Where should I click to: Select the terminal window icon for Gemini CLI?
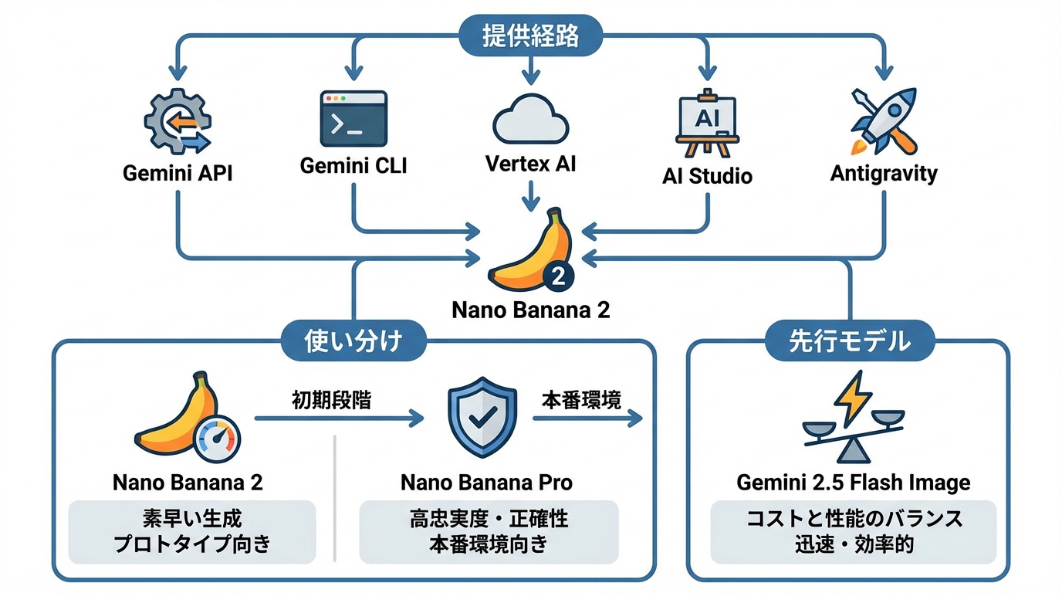click(353, 119)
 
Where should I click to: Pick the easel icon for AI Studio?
click(706, 124)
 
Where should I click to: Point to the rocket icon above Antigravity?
click(883, 121)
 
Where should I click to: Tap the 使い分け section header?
click(353, 341)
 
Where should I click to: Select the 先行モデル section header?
click(849, 341)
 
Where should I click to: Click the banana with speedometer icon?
click(188, 418)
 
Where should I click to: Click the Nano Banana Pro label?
click(487, 483)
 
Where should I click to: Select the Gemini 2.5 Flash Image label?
click(853, 483)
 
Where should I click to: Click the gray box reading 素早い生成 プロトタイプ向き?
click(192, 531)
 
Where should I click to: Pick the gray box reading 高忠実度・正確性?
click(489, 531)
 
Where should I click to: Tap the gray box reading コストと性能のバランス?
click(853, 531)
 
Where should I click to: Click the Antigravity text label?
click(883, 173)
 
